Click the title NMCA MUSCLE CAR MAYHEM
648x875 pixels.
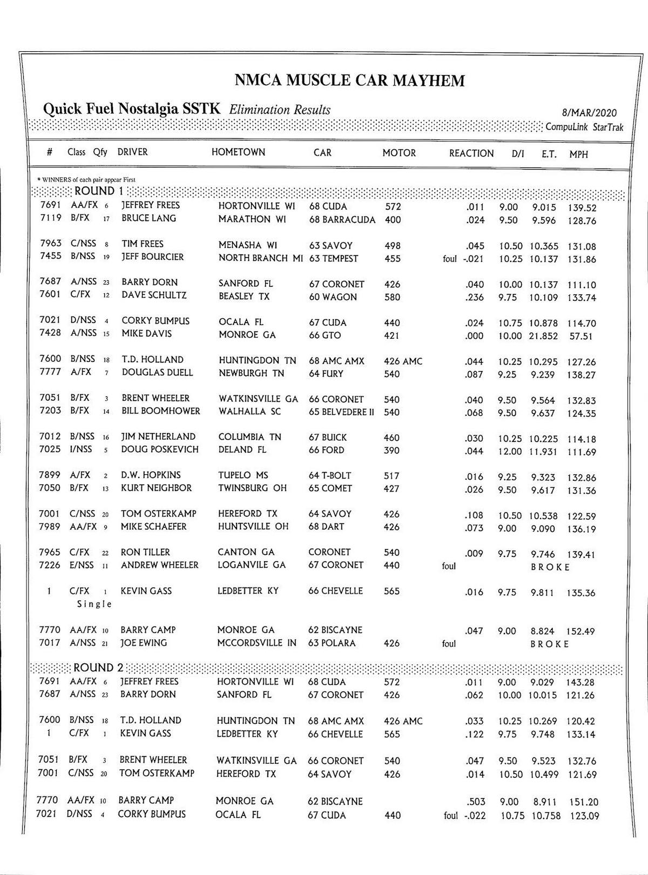349,81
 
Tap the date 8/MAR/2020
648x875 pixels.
589,113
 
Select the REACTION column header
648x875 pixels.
471,153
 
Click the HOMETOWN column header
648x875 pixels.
238,152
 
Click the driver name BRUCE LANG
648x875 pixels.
148,219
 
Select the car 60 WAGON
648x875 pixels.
333,297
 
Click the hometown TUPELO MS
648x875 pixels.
243,475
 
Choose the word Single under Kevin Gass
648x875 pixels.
94,604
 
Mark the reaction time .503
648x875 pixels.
475,802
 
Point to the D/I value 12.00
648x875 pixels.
509,452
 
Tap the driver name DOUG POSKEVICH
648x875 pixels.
160,449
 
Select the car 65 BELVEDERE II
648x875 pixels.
341,412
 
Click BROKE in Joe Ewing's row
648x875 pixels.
550,644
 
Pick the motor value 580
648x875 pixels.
391,297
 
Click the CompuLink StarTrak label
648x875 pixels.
584,127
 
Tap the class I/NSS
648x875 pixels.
81,449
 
